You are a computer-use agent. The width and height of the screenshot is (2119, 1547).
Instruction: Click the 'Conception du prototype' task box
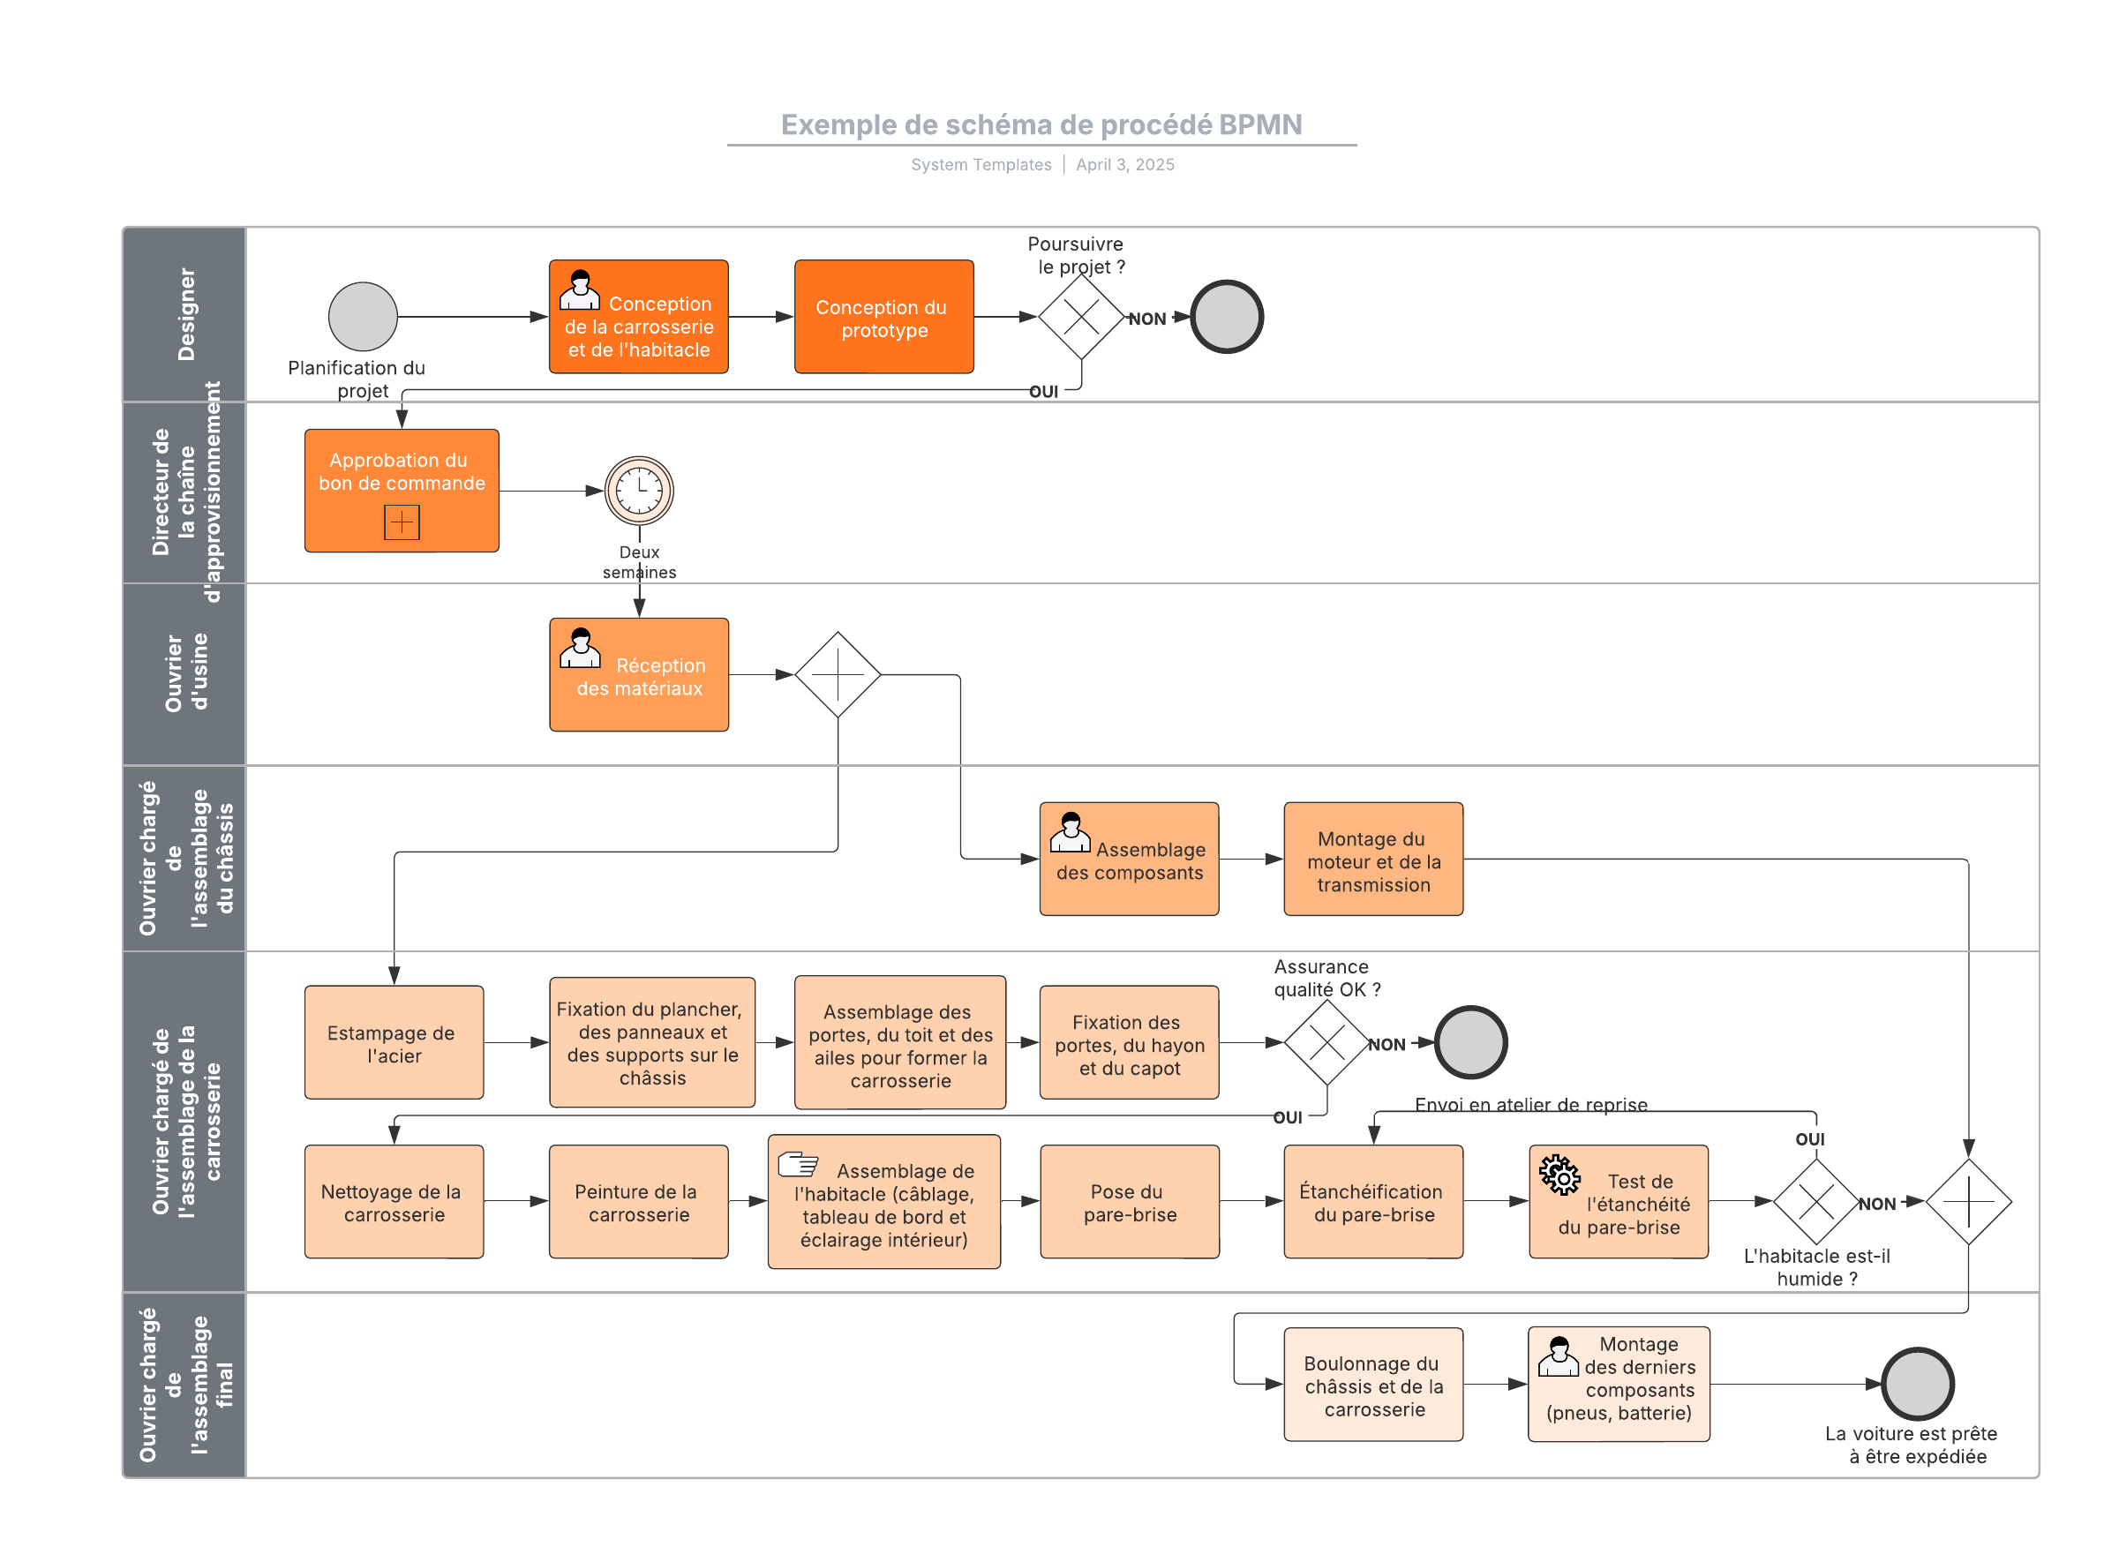point(883,317)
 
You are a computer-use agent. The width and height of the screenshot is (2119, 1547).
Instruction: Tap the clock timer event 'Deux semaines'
point(639,490)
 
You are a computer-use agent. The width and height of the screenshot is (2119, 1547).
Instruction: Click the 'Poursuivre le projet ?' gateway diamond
point(1080,317)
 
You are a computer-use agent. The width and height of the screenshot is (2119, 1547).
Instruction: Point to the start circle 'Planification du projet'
point(363,317)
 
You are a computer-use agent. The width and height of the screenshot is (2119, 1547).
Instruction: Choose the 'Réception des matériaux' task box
point(639,674)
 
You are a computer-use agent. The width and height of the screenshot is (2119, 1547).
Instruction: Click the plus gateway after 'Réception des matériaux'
point(838,674)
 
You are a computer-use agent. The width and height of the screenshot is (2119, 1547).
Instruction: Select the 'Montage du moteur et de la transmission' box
point(1372,859)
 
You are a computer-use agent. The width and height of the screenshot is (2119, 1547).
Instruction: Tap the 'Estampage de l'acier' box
point(394,1042)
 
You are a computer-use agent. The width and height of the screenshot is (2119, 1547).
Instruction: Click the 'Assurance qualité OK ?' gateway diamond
point(1326,1042)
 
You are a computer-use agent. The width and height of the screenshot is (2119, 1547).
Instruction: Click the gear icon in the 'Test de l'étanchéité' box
point(1559,1175)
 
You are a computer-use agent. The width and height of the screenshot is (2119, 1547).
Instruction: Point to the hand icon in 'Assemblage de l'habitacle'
point(798,1164)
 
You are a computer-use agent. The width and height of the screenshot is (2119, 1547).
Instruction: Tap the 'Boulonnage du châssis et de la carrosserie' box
point(1372,1384)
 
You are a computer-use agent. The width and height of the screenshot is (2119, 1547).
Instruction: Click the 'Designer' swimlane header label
point(185,315)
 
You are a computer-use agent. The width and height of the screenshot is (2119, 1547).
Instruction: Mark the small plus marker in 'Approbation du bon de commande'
point(401,522)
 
